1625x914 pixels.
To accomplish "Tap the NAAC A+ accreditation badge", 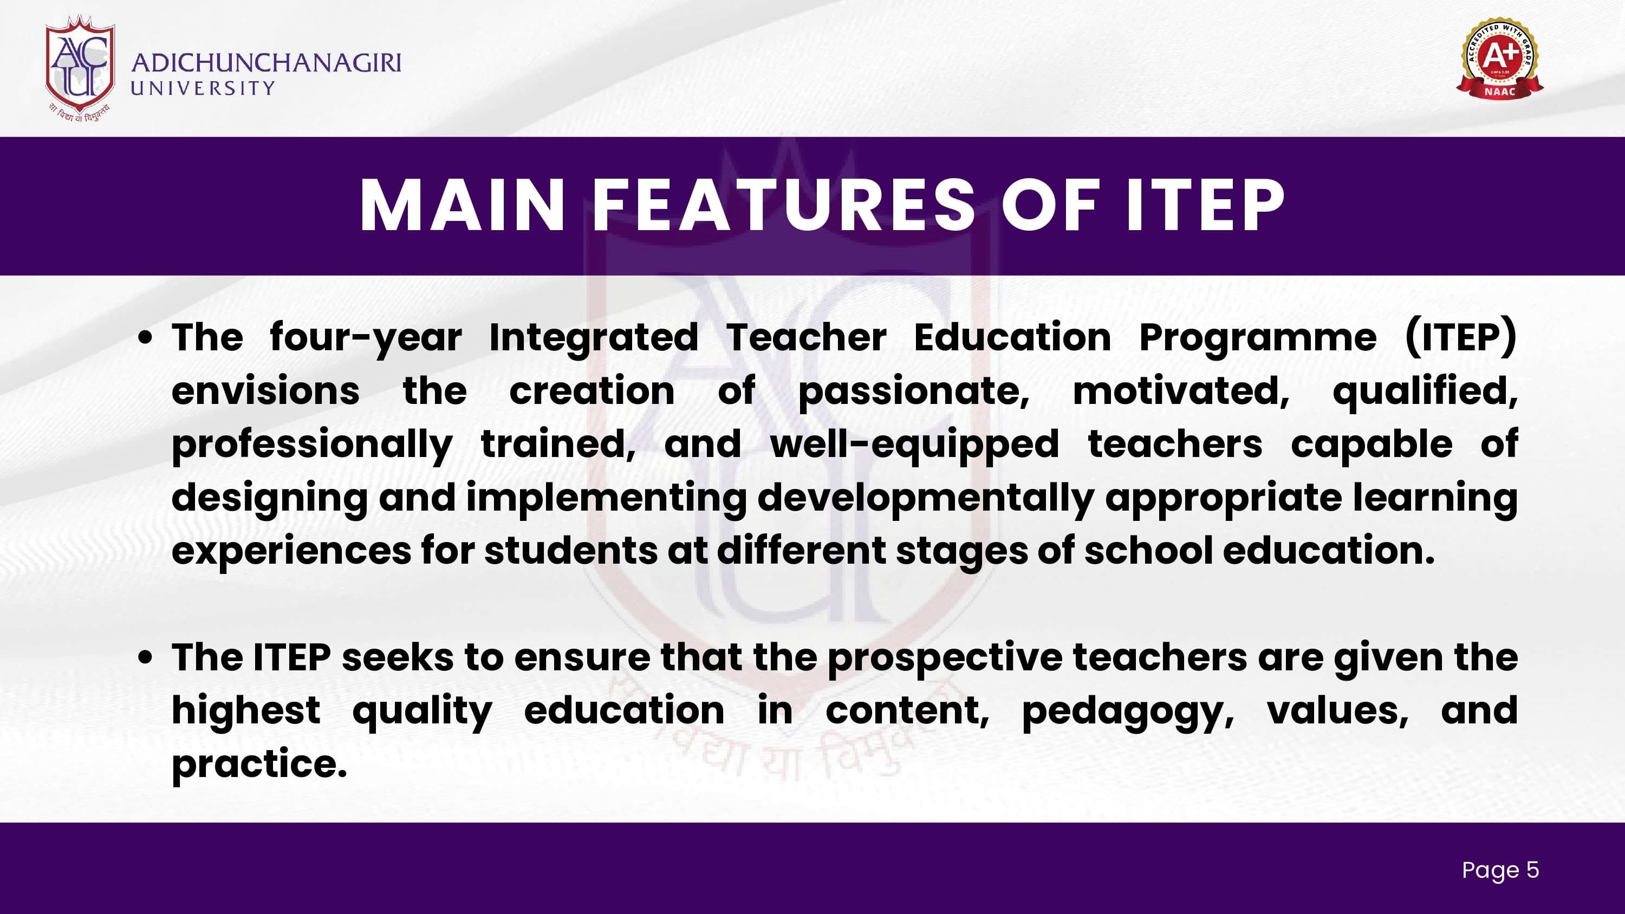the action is tap(1499, 58).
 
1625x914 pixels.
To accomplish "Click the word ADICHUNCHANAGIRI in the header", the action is tap(266, 63).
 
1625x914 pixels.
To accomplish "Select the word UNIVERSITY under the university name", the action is tap(203, 88).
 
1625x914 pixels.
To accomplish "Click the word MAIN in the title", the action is tap(463, 206).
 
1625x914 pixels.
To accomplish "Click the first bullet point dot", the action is tap(146, 338).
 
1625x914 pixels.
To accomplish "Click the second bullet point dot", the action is tap(146, 658).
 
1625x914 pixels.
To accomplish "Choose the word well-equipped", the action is tap(915, 445).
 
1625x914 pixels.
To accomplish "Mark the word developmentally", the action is tap(925, 499).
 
